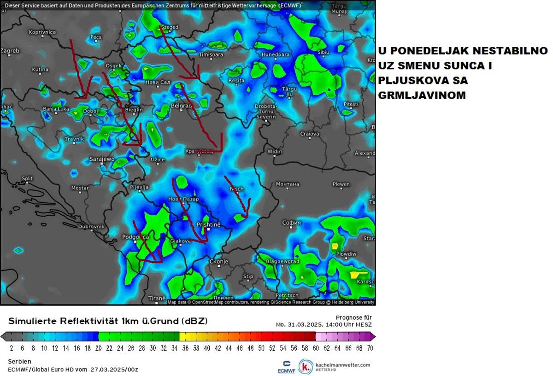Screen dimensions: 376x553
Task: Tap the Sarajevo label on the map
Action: pos(101,159)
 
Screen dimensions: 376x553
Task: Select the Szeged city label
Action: pos(170,27)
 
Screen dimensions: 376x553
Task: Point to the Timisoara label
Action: pos(211,55)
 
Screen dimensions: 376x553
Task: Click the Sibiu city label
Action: pos(324,53)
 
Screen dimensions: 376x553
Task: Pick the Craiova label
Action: pos(309,134)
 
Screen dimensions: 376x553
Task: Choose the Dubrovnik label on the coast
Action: pos(92,227)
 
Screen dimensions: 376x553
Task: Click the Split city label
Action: pos(27,178)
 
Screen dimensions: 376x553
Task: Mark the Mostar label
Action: pos(80,188)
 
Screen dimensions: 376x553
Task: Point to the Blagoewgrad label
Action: pos(283,261)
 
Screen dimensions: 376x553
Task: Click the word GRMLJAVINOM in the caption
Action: pos(422,95)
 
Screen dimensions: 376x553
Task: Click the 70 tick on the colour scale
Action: pos(370,348)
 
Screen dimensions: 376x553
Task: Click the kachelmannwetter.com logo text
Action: pos(342,364)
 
